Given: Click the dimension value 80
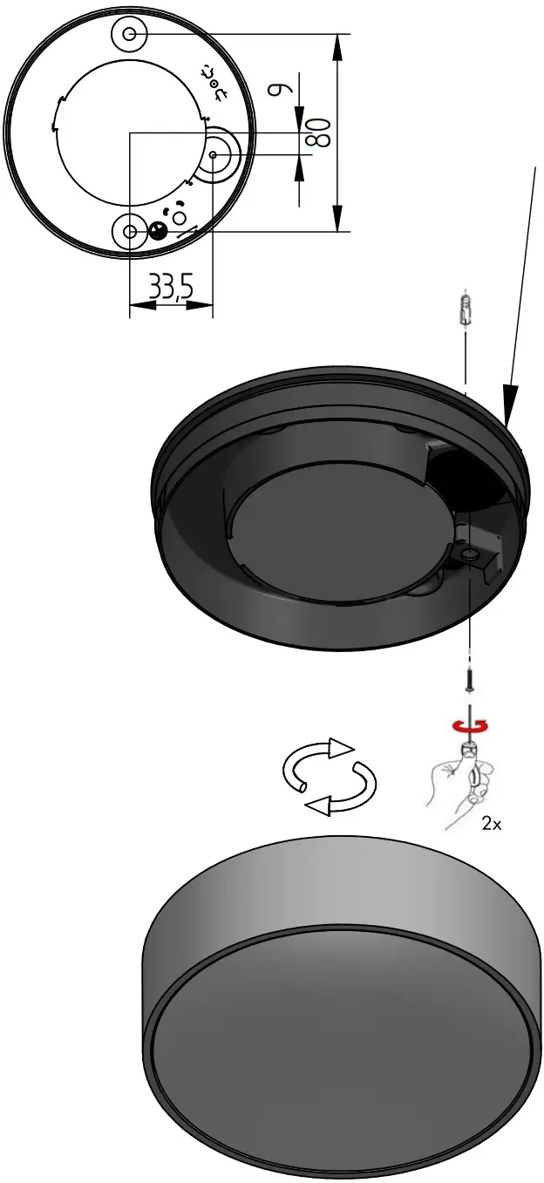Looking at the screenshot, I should pos(318,132).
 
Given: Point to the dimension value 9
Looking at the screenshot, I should pos(278,90).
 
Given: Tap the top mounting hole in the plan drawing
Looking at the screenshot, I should pos(129,34).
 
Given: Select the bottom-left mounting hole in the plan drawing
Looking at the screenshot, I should pos(130,231).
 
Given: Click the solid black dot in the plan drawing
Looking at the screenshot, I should pos(158,230).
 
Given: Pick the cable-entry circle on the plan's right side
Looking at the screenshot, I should pos(214,154).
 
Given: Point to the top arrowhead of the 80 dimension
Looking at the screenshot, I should pos(337,44).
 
